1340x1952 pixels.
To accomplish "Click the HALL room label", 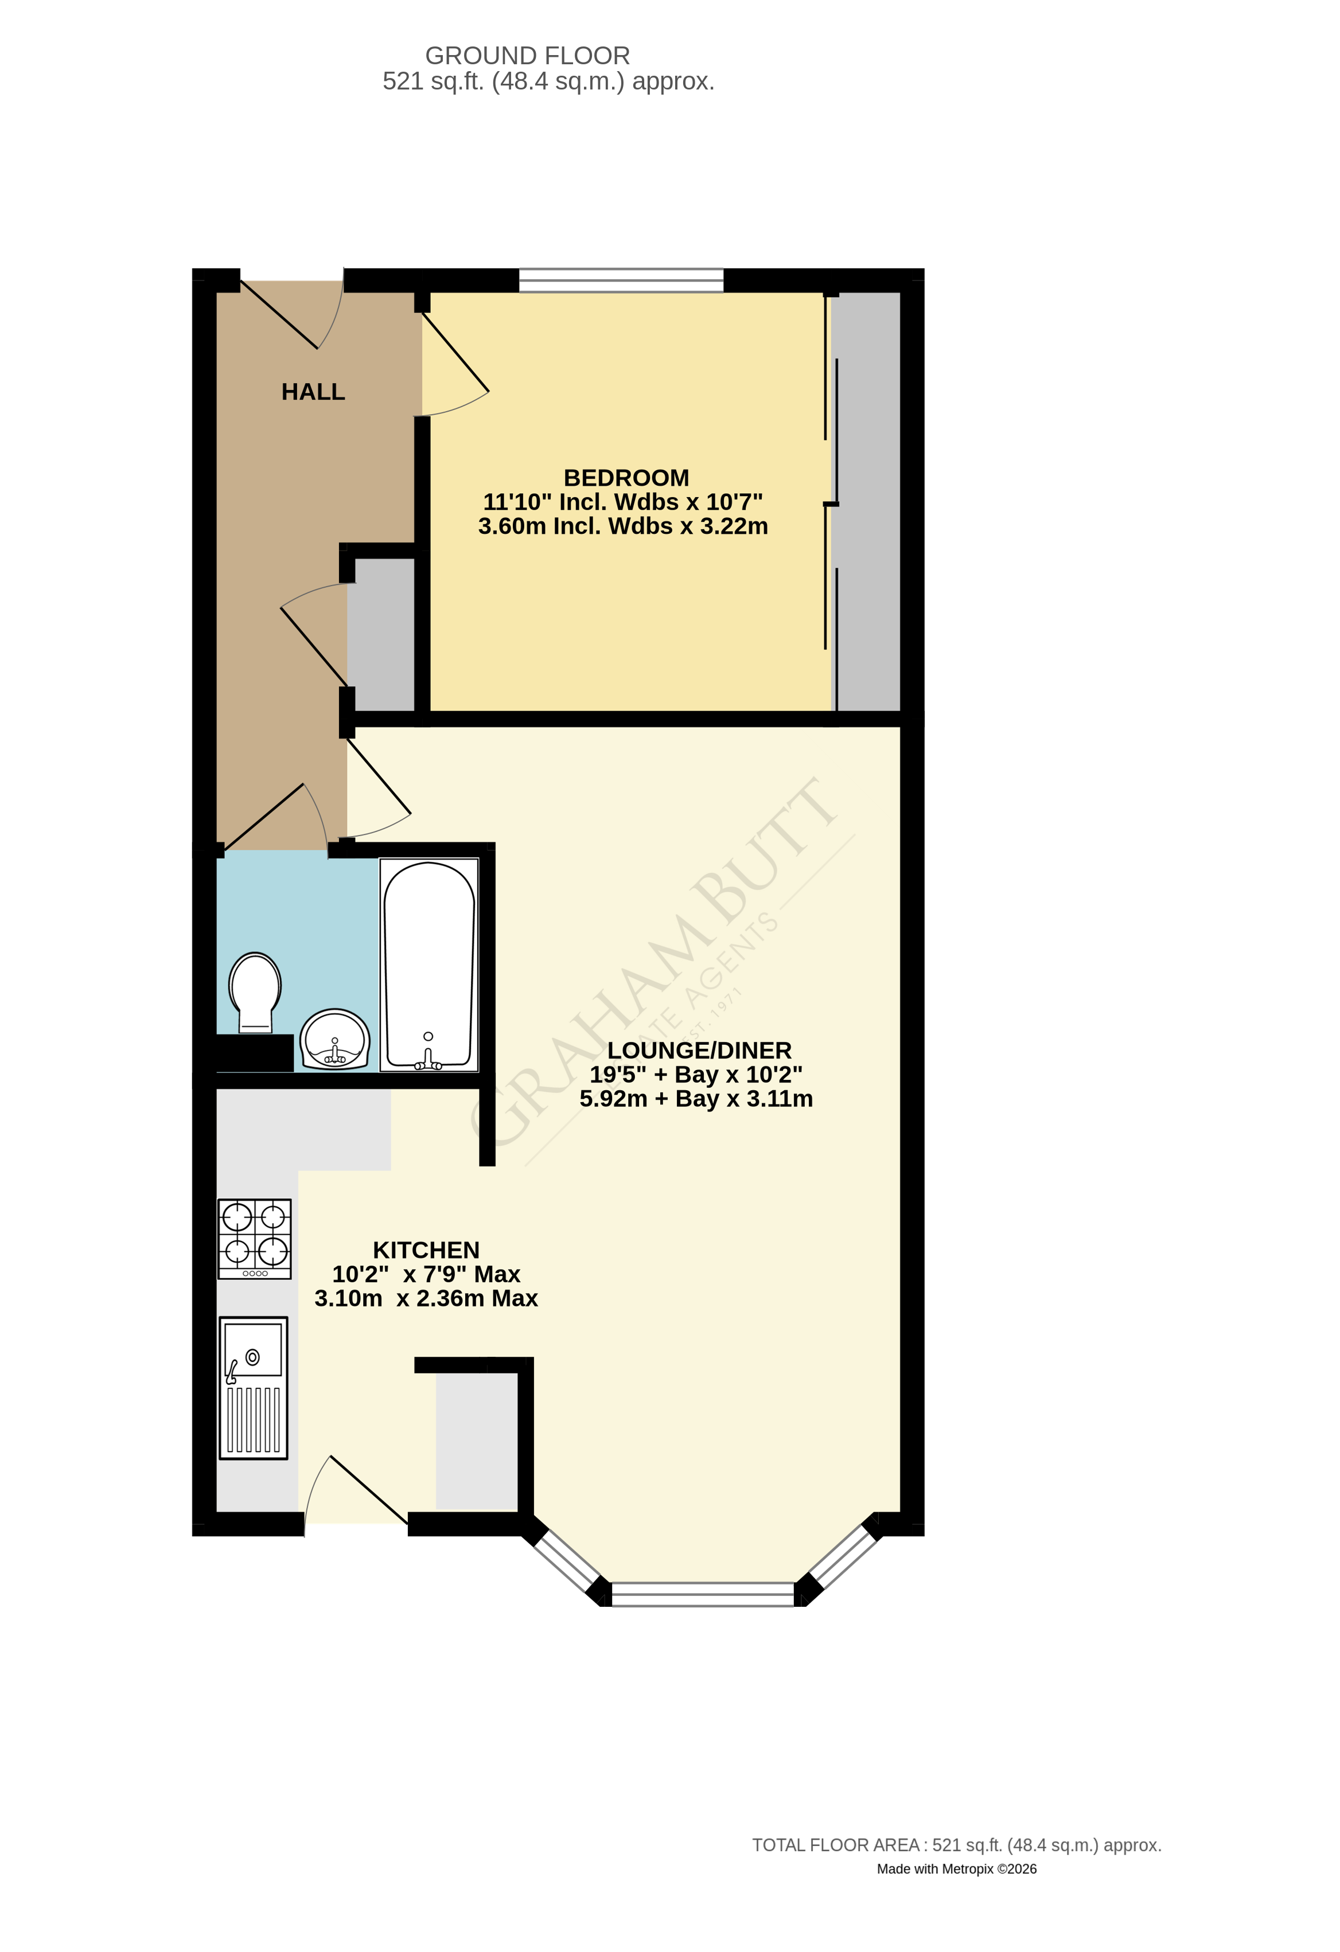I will (313, 392).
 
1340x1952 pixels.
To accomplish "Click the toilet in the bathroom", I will (255, 991).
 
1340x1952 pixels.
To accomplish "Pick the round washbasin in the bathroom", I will (334, 1040).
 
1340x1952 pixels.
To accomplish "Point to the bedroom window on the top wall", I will (621, 280).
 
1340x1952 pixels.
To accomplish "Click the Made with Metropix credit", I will (956, 1869).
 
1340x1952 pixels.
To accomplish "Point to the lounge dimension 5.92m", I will (613, 1099).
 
